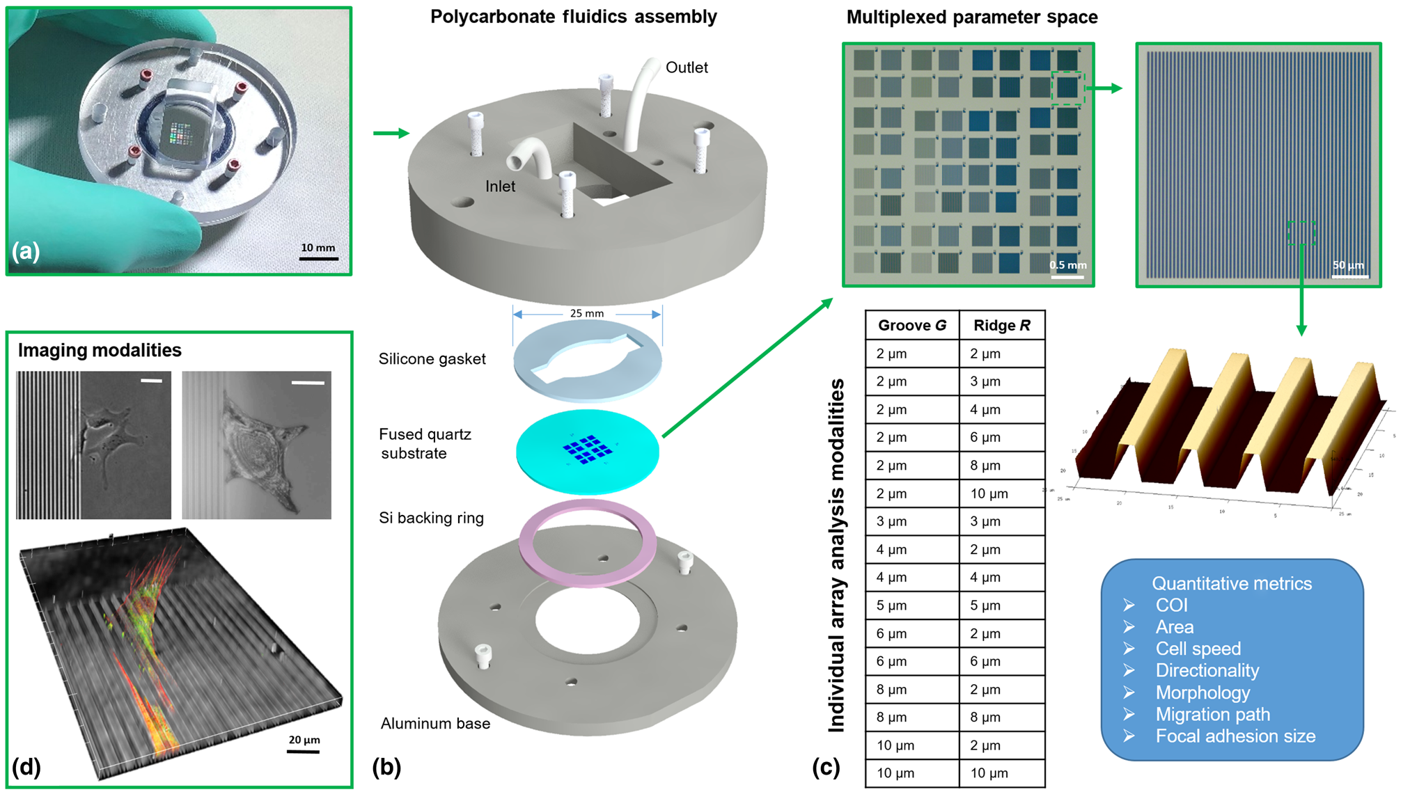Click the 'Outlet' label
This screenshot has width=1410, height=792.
pyautogui.click(x=686, y=68)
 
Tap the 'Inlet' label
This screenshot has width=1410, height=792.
pyautogui.click(x=500, y=187)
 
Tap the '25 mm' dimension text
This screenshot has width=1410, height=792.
pyautogui.click(x=586, y=313)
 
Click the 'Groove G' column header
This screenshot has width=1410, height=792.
pyautogui.click(x=911, y=325)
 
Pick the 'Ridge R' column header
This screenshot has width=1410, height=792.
pyautogui.click(x=1001, y=325)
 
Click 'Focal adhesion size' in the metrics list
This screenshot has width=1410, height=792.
pyautogui.click(x=1235, y=736)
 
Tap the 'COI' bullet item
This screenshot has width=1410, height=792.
pyautogui.click(x=1171, y=605)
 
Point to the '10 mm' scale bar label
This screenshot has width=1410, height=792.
pyautogui.click(x=318, y=248)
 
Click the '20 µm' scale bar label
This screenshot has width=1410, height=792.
pyautogui.click(x=304, y=740)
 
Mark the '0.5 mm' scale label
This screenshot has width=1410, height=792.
pyautogui.click(x=1067, y=265)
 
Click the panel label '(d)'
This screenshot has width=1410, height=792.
pyautogui.click(x=26, y=767)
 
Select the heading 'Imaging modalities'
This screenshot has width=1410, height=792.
pyautogui.click(x=100, y=350)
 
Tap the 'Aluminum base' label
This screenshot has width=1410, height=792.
pyautogui.click(x=435, y=724)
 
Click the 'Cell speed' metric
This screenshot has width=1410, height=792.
pyautogui.click(x=1198, y=649)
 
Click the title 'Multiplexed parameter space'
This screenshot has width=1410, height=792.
pyautogui.click(x=971, y=17)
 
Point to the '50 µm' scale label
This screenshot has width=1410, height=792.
pyautogui.click(x=1348, y=265)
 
